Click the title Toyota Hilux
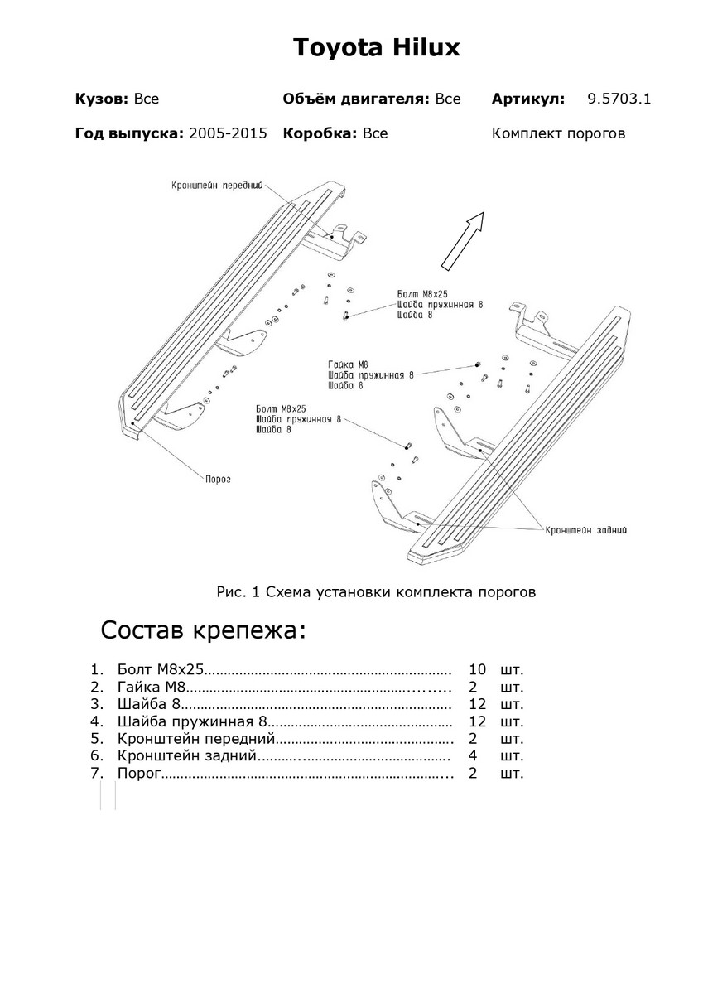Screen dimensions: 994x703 pos(376,48)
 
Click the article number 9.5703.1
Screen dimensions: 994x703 pos(619,99)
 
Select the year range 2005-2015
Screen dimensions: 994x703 pos(228,133)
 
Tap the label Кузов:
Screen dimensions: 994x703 pos(101,99)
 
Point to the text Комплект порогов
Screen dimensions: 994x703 pos(558,133)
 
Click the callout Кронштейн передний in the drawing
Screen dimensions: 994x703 pos(222,185)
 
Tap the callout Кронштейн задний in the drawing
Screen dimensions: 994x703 pos(585,529)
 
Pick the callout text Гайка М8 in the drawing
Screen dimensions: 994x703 pos(347,364)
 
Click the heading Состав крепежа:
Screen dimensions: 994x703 pos(203,630)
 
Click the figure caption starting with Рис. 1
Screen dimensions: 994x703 pos(376,592)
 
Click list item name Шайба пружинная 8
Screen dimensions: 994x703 pos(191,721)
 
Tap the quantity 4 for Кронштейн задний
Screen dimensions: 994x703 pos(473,756)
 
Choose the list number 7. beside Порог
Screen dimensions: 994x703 pos(99,774)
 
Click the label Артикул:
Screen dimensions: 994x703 pos(528,99)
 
